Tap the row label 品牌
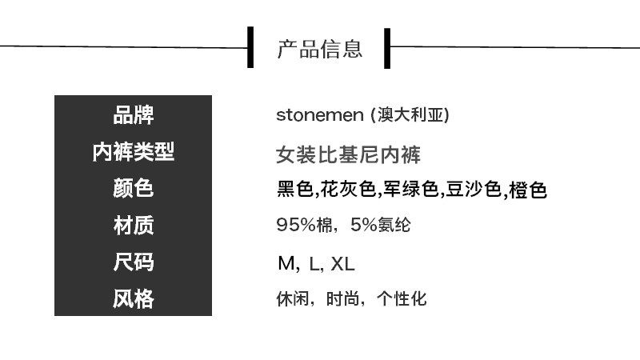[133, 115]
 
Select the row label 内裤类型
[133, 152]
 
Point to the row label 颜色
[133, 189]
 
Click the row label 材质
[133, 226]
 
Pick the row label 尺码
[133, 263]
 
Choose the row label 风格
[133, 300]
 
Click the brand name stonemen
[319, 115]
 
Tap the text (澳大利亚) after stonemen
[410, 115]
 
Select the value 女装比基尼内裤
[348, 153]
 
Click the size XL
[342, 264]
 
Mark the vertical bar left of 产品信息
[250, 48]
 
